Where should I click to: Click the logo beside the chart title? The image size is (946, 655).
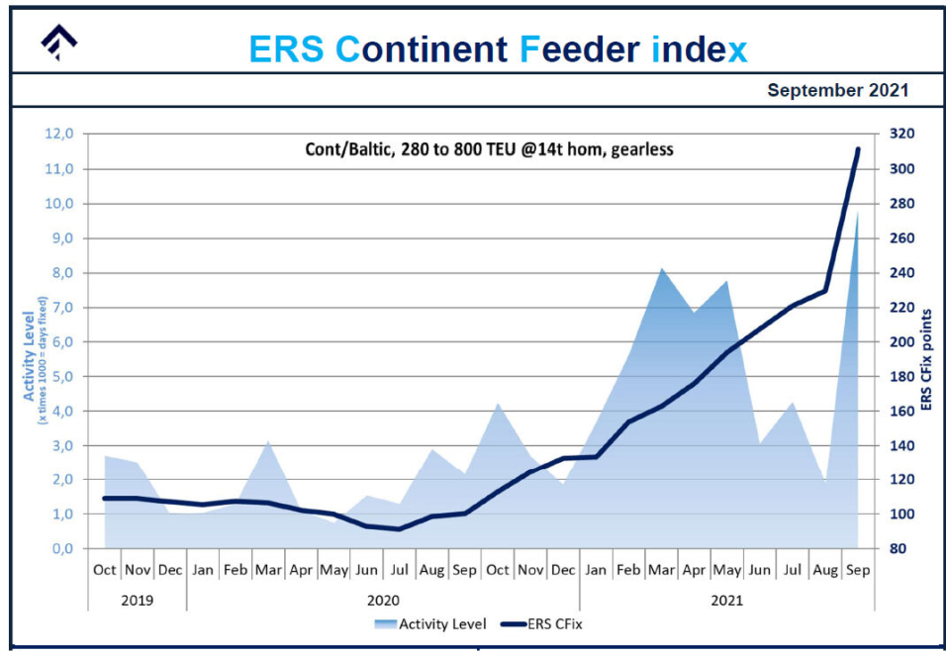58,43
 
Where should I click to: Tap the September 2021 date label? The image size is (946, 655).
837,91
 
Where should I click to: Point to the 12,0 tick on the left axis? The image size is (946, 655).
60,135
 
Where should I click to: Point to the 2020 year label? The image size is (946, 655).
383,599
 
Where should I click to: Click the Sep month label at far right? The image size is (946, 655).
857,570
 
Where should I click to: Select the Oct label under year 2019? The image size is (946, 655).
104,570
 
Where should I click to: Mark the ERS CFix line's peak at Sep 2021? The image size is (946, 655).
857,149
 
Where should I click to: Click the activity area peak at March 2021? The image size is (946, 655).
661,269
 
